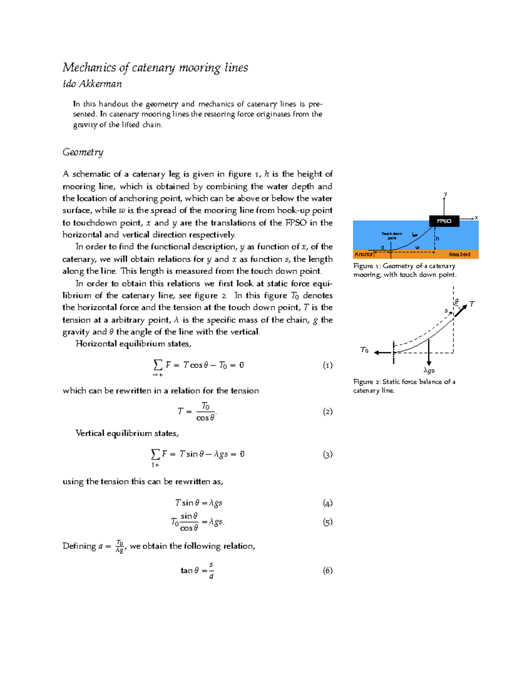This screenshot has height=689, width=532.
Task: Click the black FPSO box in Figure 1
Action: [x=444, y=221]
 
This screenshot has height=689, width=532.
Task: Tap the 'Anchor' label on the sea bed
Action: [x=363, y=254]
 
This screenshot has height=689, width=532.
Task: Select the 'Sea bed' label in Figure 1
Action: [x=459, y=254]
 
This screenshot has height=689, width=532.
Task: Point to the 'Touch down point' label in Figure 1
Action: [x=391, y=236]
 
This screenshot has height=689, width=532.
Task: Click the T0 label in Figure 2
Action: [x=364, y=350]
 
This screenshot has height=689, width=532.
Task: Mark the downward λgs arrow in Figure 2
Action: [x=429, y=353]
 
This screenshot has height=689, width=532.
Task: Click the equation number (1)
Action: [x=327, y=365]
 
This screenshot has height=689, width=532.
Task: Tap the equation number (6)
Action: [x=327, y=571]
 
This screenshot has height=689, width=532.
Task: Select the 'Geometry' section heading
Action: [x=83, y=152]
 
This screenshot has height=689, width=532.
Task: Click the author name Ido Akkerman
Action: [x=92, y=84]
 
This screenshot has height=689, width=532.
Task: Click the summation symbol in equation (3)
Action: [x=155, y=454]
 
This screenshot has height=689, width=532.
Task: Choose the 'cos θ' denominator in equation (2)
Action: [x=205, y=418]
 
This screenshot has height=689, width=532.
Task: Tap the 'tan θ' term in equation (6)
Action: [x=190, y=571]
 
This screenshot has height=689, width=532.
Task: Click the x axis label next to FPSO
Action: [x=476, y=217]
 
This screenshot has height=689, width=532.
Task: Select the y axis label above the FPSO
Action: [x=446, y=194]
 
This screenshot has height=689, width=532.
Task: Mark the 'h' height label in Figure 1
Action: [x=437, y=239]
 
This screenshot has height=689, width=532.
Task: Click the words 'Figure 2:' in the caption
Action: [x=367, y=382]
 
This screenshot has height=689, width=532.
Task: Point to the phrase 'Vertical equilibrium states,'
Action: [x=127, y=433]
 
